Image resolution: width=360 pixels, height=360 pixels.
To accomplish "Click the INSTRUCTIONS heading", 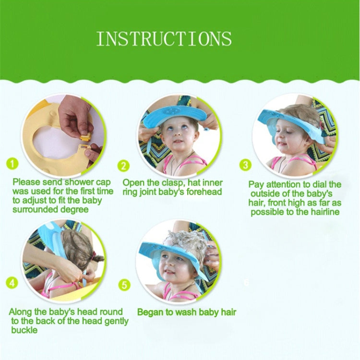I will tap(164, 38).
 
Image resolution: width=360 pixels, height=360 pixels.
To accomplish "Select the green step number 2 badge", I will tap(124, 166).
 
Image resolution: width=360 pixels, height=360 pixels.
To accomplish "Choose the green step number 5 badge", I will tap(124, 285).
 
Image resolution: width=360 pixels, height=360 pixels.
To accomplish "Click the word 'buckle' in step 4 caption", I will tap(24, 330).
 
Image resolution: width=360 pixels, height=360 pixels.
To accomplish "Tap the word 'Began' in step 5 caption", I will tap(149, 312).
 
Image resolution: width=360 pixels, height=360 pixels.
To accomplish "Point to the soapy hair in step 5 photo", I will tap(184, 242).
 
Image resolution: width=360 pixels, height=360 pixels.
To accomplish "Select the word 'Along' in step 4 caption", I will tap(21, 312).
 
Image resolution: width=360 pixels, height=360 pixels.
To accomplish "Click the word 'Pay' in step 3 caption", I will tap(256, 184).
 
